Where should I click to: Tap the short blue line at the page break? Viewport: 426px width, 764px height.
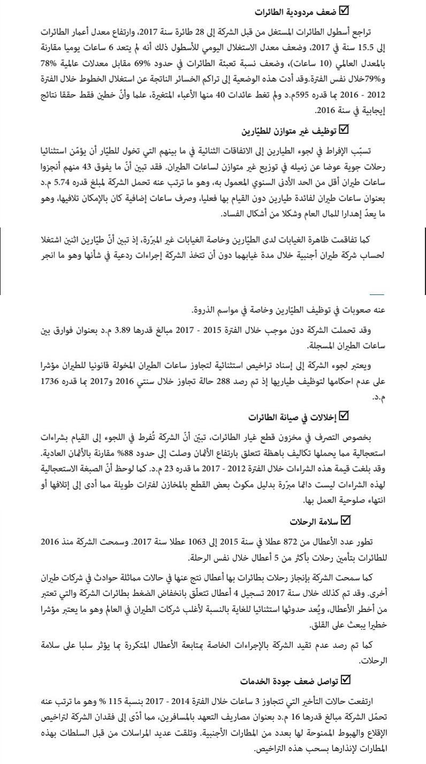pyautogui.click(x=377, y=294)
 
